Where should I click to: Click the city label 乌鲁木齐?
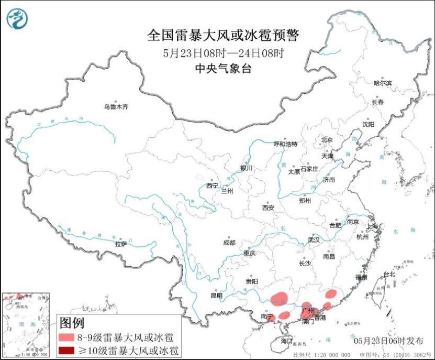tap(116, 107)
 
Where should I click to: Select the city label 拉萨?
tap(121, 244)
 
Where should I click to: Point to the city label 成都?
tap(229, 243)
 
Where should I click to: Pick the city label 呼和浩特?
tap(285, 144)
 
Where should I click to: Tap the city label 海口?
tap(286, 341)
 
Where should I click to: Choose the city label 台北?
tap(389, 274)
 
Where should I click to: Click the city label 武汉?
tap(313, 239)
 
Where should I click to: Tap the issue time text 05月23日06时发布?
tap(388, 341)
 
